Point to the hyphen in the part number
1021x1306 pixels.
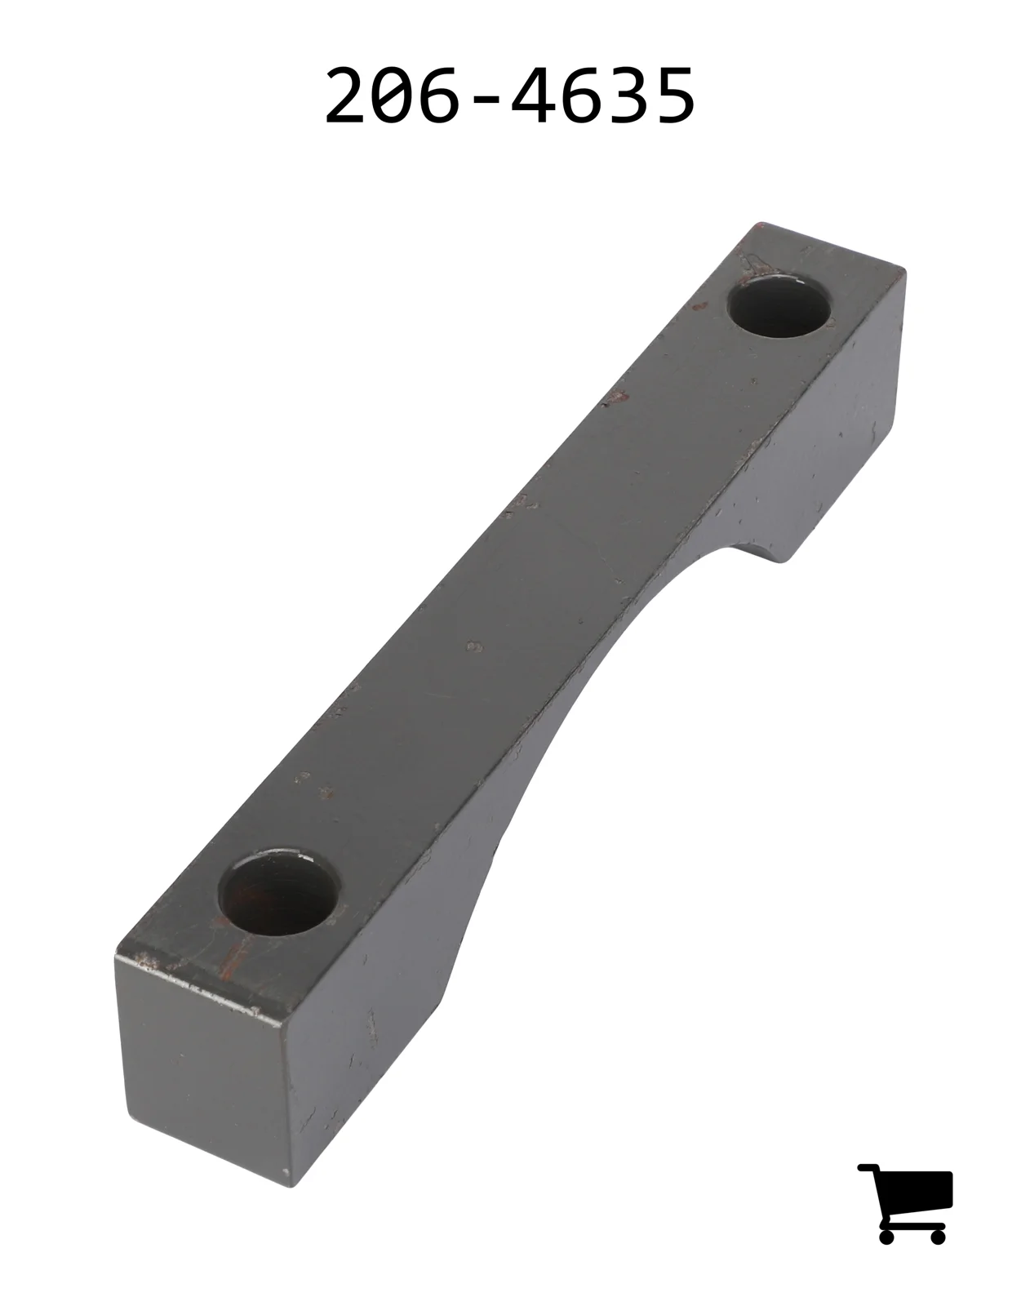click(488, 99)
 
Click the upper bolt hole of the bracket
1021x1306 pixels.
click(779, 307)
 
